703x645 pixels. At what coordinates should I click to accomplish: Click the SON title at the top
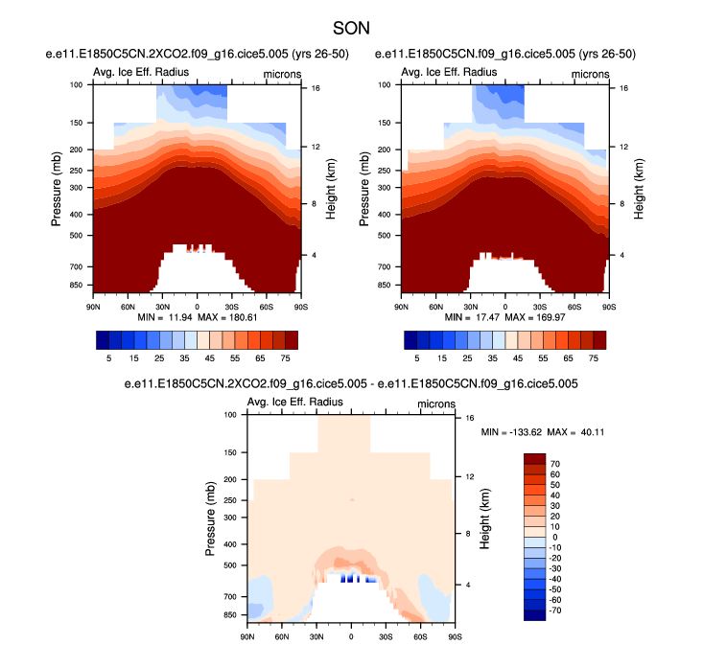[x=351, y=29]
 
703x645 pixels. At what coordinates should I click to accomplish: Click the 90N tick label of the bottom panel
[x=247, y=635]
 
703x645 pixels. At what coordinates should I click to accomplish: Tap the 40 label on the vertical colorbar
[x=555, y=495]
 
